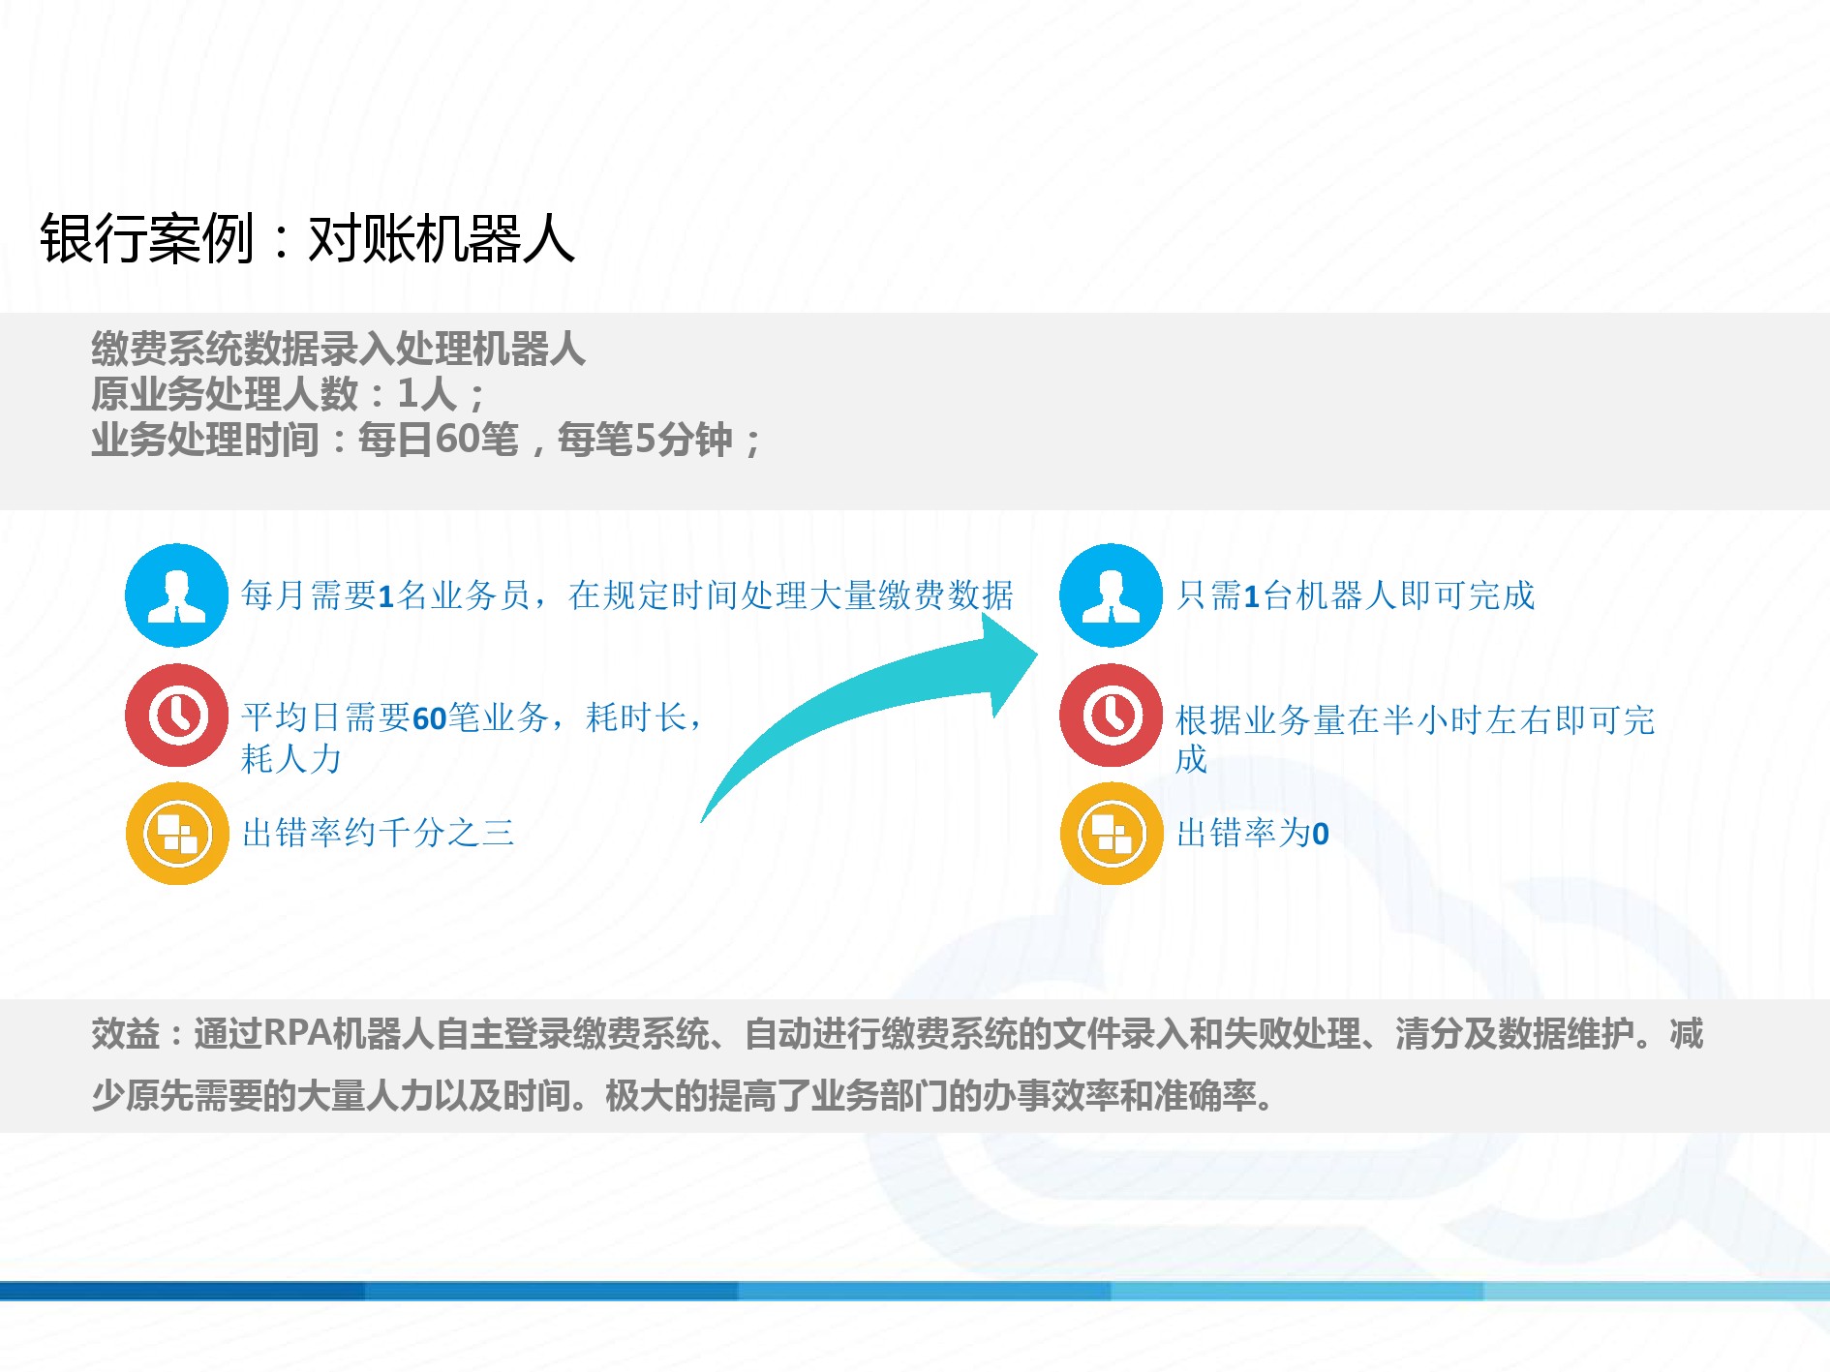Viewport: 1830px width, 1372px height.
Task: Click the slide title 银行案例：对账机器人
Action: tap(307, 238)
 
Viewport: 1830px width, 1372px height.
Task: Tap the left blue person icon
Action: tap(176, 595)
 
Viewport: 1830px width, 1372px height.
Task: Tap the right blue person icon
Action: tap(1111, 595)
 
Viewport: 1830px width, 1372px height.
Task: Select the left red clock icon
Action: tap(176, 716)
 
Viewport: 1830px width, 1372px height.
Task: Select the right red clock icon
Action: tap(1111, 716)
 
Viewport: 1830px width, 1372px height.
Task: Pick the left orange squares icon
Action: tap(176, 834)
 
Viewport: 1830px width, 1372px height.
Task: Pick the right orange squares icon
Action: tap(1111, 834)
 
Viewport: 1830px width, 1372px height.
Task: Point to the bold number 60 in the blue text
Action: tap(429, 718)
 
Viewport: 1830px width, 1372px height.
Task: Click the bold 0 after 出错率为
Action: tap(1321, 834)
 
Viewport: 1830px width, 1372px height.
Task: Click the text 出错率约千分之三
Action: tap(378, 833)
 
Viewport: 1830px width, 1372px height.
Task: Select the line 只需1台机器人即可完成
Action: tap(1356, 595)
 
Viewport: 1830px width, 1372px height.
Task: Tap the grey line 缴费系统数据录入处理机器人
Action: tap(338, 349)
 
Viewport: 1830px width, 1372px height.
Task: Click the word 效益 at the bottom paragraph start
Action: tap(125, 1033)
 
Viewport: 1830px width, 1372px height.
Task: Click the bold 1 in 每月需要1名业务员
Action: tap(385, 596)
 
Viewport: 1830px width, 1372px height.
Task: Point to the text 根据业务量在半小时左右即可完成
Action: tap(1415, 739)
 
